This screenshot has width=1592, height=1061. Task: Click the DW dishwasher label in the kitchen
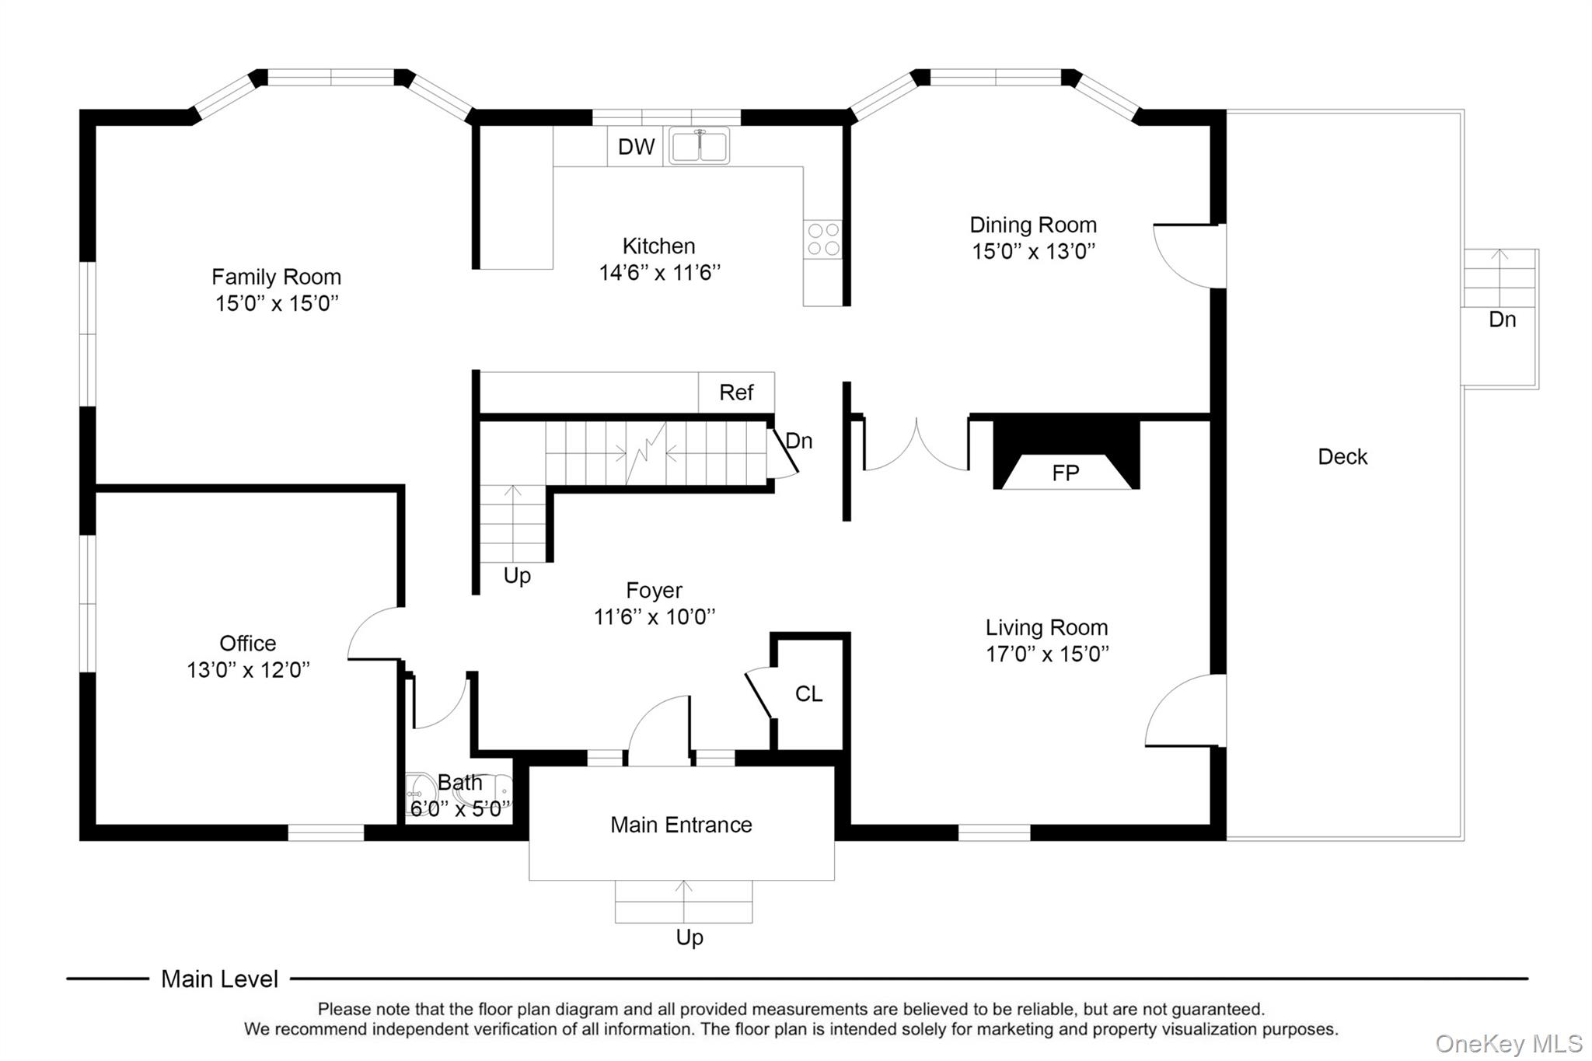(x=636, y=147)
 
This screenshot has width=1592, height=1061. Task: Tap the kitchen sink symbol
(x=699, y=145)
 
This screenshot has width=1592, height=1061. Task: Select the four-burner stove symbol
(x=823, y=239)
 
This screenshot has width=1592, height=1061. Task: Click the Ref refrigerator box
(x=736, y=393)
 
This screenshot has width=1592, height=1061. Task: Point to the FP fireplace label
(x=1065, y=473)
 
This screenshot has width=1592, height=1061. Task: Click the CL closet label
(x=808, y=694)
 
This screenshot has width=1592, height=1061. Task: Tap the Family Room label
(x=277, y=277)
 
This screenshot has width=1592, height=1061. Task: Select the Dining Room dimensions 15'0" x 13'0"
(x=1033, y=251)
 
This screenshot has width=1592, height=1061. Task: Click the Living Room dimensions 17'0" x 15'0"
(x=1047, y=654)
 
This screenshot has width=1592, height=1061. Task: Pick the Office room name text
(x=248, y=644)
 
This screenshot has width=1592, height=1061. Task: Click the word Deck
(x=1342, y=457)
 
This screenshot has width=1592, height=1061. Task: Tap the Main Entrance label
(x=681, y=825)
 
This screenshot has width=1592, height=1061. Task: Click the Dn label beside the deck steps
(x=1502, y=319)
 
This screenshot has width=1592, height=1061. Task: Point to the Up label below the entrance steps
(x=690, y=938)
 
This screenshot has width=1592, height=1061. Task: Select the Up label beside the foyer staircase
(x=517, y=576)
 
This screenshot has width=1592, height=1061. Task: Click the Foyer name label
(x=654, y=591)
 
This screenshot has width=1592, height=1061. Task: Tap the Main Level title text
(x=219, y=979)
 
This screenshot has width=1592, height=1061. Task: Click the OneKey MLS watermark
(x=1509, y=1044)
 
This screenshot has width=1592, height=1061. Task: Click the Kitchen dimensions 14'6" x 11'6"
(x=659, y=273)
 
